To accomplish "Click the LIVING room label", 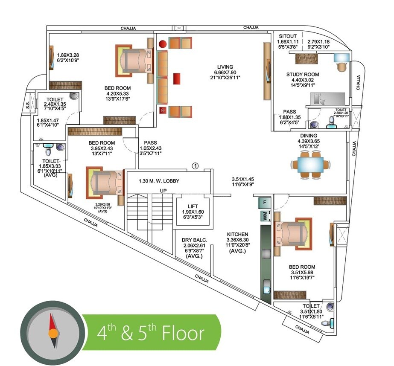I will click(225, 67).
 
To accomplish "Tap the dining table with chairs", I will click(310, 164).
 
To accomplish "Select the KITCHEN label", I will click(237, 234).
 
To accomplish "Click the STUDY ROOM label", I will click(302, 75).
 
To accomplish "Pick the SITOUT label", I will click(287, 36).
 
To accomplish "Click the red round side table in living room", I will click(162, 43).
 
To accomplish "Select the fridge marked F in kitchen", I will click(265, 202).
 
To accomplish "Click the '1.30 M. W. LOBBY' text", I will click(159, 181).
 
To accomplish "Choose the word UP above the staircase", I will click(163, 191).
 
